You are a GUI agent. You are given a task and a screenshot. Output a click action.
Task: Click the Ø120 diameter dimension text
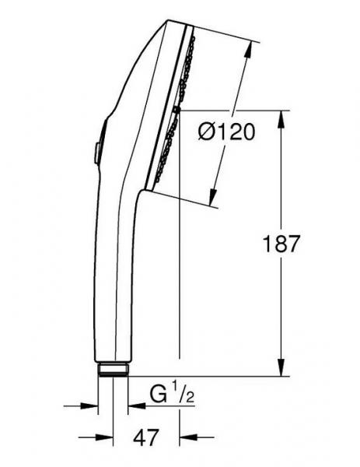coord(226,133)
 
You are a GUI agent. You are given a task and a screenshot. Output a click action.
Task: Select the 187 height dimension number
coord(281,244)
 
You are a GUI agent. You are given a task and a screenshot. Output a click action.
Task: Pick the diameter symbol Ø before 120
coord(207,133)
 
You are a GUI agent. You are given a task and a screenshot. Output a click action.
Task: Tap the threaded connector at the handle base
coord(114,369)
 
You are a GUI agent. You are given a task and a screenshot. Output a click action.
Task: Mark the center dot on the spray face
coord(178,111)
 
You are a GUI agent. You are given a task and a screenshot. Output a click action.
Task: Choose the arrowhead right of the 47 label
coord(187,437)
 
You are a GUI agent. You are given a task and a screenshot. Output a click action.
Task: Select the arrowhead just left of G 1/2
coord(135,405)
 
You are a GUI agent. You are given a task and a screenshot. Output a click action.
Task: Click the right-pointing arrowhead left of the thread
coord(93,405)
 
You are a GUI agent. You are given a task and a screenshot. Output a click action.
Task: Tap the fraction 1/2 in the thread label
coord(183,397)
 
